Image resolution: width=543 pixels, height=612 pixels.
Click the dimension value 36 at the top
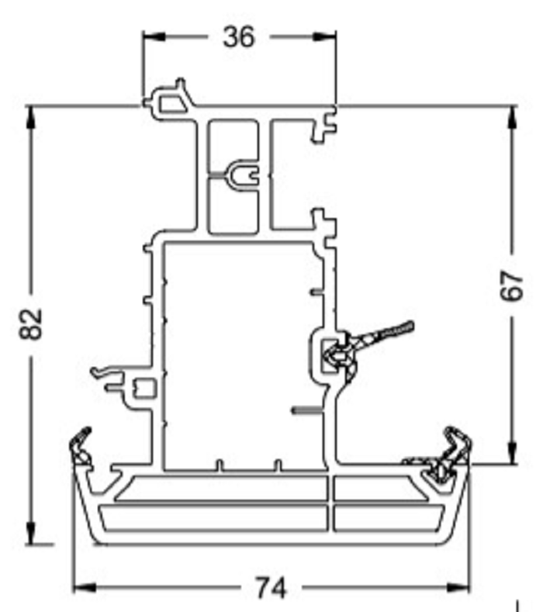point(238,36)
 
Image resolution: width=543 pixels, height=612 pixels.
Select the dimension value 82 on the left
point(31,323)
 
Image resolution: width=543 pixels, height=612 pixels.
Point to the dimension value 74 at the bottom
point(271,588)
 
